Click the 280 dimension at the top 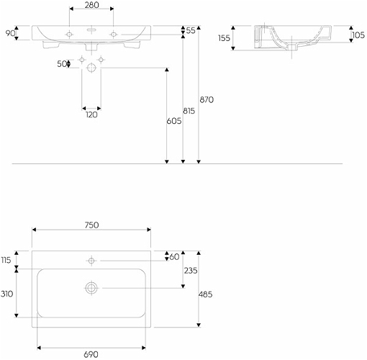pyautogui.click(x=91, y=5)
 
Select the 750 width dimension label pyautogui.click(x=91, y=225)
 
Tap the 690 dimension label pyautogui.click(x=91, y=354)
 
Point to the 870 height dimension pyautogui.click(x=207, y=99)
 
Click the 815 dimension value pyautogui.click(x=189, y=111)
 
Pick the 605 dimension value pyautogui.click(x=174, y=121)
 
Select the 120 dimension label pyautogui.click(x=91, y=114)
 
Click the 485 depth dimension pyautogui.click(x=205, y=294)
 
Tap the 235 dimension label pyautogui.click(x=191, y=271)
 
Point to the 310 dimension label pyautogui.click(x=6, y=294)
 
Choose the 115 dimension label pyautogui.click(x=6, y=260)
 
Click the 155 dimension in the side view pyautogui.click(x=224, y=38)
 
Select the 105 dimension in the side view pyautogui.click(x=358, y=35)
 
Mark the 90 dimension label pyautogui.click(x=10, y=33)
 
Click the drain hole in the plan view pyautogui.click(x=91, y=288)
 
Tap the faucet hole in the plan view pyautogui.click(x=91, y=261)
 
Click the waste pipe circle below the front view pyautogui.click(x=91, y=68)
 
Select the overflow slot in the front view pyautogui.click(x=91, y=30)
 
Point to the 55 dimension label pyautogui.click(x=191, y=30)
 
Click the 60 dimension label pyautogui.click(x=174, y=257)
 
